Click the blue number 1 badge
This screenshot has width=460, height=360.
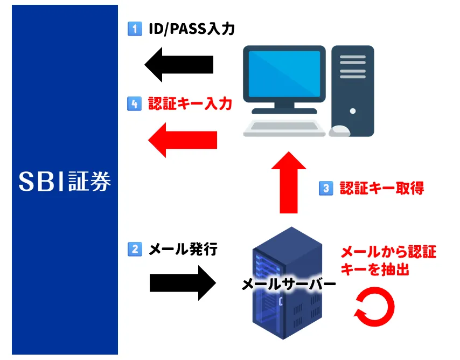[135, 29]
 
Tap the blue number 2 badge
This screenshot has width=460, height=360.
[135, 249]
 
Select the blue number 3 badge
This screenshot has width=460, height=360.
[326, 188]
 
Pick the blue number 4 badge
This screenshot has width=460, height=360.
[134, 103]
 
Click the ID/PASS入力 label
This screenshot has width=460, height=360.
[192, 29]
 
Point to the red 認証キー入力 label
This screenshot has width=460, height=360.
[190, 103]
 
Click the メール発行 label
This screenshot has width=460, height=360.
[183, 250]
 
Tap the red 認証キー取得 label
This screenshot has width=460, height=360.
[382, 188]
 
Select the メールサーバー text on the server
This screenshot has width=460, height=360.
[289, 284]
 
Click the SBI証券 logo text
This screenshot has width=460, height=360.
[65, 181]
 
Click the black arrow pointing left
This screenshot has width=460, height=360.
[179, 65]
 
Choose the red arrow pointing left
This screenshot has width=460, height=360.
[183, 140]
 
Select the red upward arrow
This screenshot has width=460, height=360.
[289, 182]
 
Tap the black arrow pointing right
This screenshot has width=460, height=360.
[183, 283]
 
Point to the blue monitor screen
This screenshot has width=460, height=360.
[284, 74]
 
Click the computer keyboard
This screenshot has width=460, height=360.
[284, 128]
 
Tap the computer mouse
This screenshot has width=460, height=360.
[339, 131]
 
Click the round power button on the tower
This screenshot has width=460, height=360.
[353, 111]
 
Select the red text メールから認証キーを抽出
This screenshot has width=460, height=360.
[388, 261]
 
